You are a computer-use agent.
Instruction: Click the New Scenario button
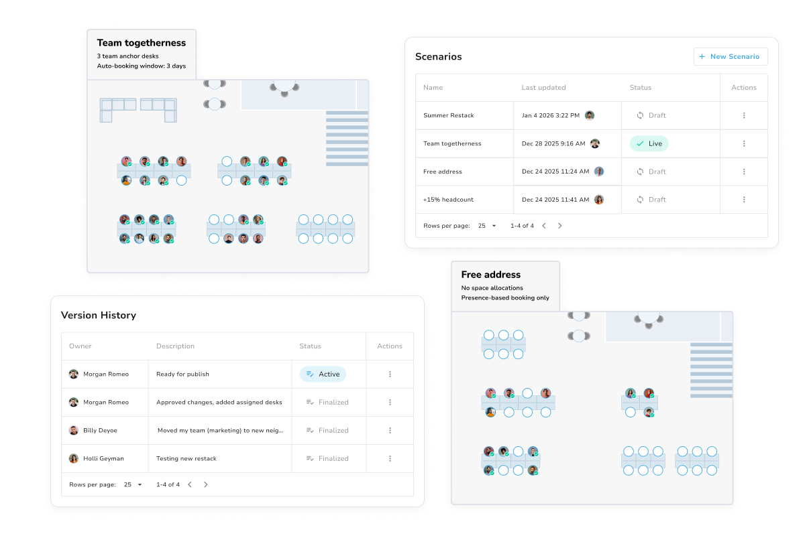730,57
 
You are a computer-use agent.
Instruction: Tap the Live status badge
649,143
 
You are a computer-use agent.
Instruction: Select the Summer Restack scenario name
448,115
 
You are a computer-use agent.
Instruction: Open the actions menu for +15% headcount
744,200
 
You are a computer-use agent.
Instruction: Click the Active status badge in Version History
323,374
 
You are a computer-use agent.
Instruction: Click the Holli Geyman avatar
74,458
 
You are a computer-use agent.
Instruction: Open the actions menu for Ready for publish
390,374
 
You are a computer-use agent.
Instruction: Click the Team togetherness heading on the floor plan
141,43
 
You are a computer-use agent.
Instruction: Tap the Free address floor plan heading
490,275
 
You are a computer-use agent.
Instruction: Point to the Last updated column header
543,88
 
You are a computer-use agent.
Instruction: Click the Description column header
175,346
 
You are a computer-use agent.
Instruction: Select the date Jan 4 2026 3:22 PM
550,115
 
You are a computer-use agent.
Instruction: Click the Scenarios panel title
438,57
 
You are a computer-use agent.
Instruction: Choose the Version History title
98,316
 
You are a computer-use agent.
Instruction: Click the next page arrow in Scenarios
560,226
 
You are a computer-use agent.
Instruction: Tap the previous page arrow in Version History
190,484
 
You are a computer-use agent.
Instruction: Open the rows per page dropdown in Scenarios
486,226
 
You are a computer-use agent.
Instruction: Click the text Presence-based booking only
504,297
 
